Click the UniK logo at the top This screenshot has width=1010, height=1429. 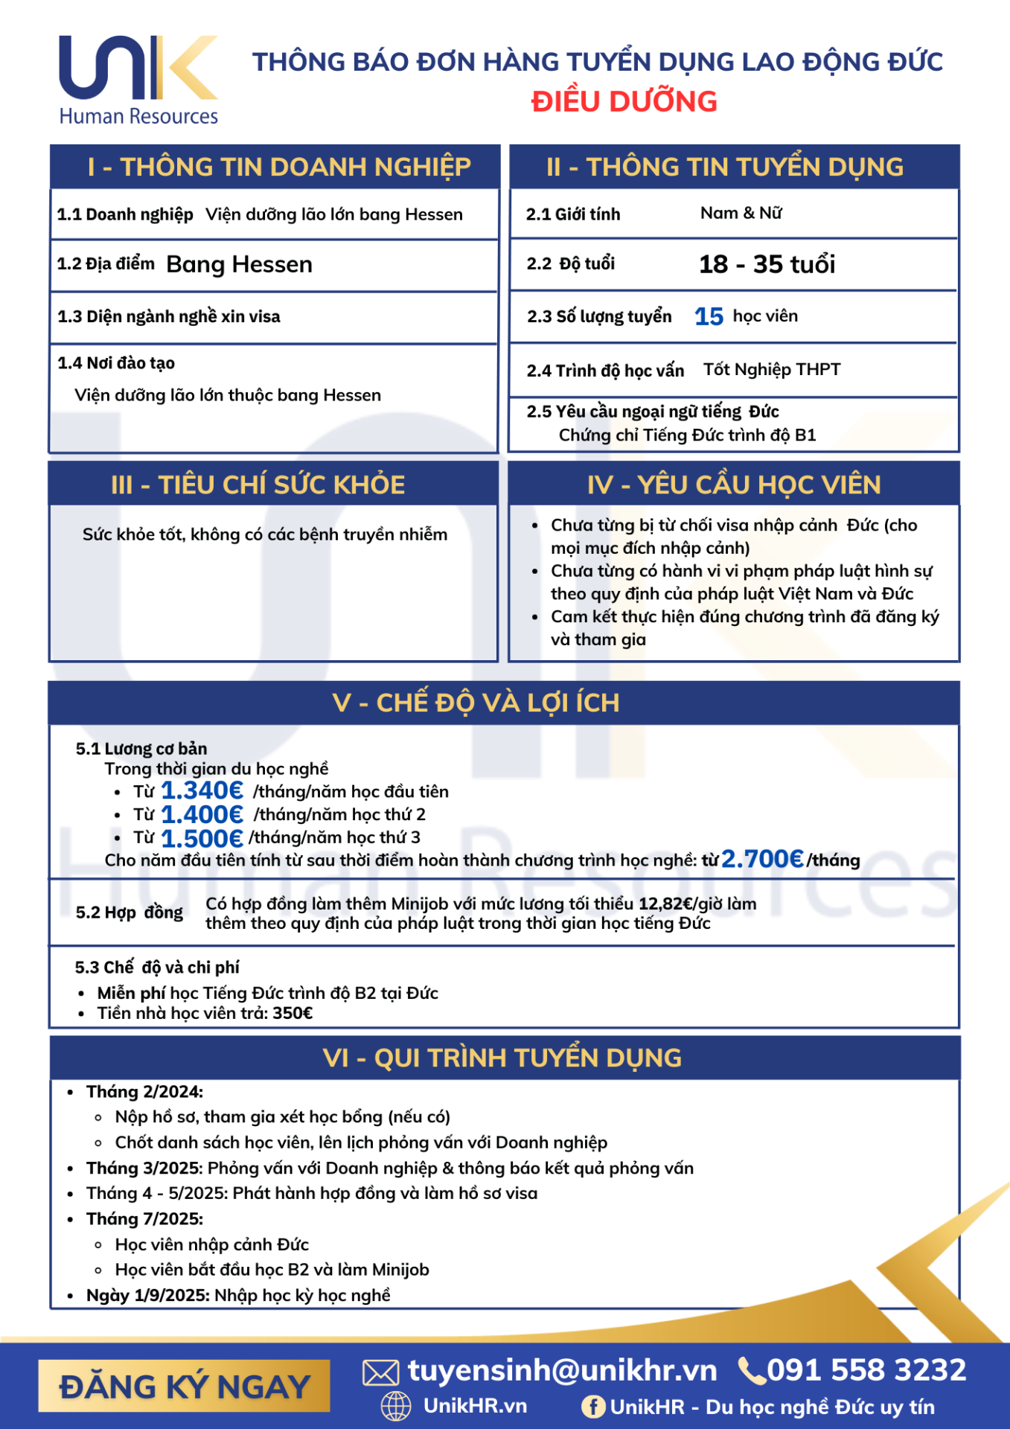138,78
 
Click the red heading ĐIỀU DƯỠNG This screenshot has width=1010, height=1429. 624,101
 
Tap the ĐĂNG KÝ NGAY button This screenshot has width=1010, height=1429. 184,1386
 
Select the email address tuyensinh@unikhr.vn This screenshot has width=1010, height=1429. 562,1370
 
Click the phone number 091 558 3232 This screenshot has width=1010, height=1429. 866,1370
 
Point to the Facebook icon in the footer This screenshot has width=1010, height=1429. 593,1407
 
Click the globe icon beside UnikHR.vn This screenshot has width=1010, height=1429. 396,1406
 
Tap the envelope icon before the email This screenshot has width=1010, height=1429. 380,1372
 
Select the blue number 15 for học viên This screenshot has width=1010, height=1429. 709,317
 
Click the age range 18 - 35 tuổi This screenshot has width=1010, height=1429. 767,264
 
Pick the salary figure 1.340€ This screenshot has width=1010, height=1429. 202,790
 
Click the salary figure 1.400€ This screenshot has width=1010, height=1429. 202,814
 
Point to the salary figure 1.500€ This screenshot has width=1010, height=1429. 202,838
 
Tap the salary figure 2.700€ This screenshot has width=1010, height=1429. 762,859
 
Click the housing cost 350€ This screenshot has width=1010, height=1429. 293,1013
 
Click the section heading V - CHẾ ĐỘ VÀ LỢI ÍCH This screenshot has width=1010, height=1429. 476,703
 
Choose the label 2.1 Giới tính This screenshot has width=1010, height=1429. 573,214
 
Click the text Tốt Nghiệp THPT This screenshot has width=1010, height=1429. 772,370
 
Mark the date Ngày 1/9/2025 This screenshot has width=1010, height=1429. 148,1295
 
